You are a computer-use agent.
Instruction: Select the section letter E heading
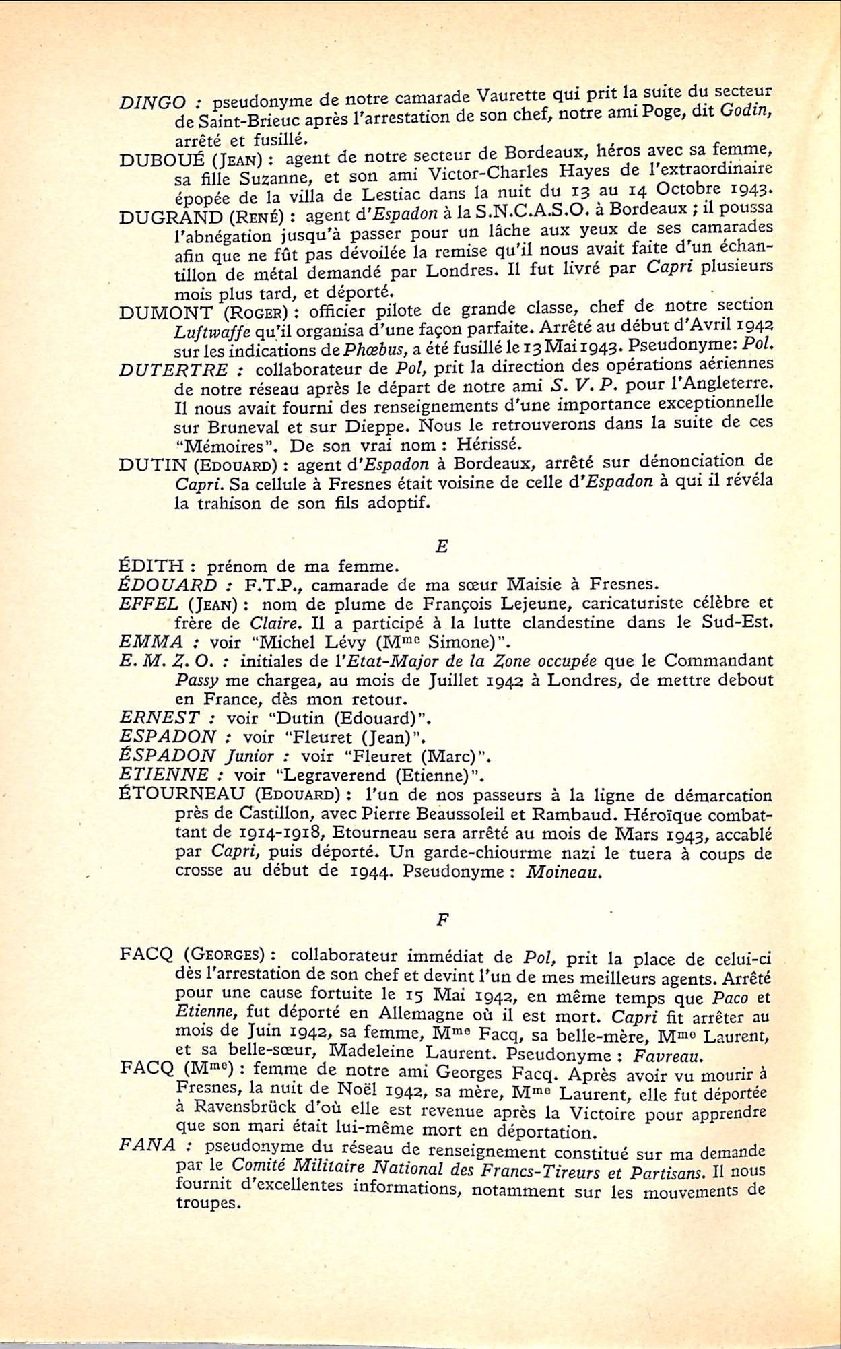click(442, 546)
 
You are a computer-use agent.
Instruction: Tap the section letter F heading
click(442, 920)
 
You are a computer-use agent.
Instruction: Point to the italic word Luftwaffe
click(203, 331)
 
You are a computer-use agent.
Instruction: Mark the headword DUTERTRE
click(174, 370)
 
